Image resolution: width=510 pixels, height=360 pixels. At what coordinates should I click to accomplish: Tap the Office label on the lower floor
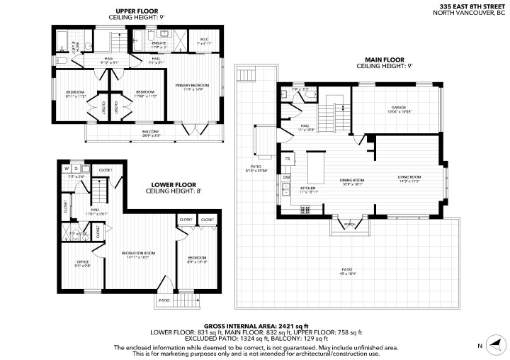click(82, 261)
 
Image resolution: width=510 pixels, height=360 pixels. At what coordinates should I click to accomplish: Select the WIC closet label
click(204, 40)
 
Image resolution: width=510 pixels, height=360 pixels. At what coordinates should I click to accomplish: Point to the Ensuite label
click(157, 44)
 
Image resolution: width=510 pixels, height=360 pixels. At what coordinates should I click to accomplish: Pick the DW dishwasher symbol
click(287, 177)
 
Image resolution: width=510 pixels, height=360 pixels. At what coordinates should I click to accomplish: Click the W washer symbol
click(66, 169)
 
